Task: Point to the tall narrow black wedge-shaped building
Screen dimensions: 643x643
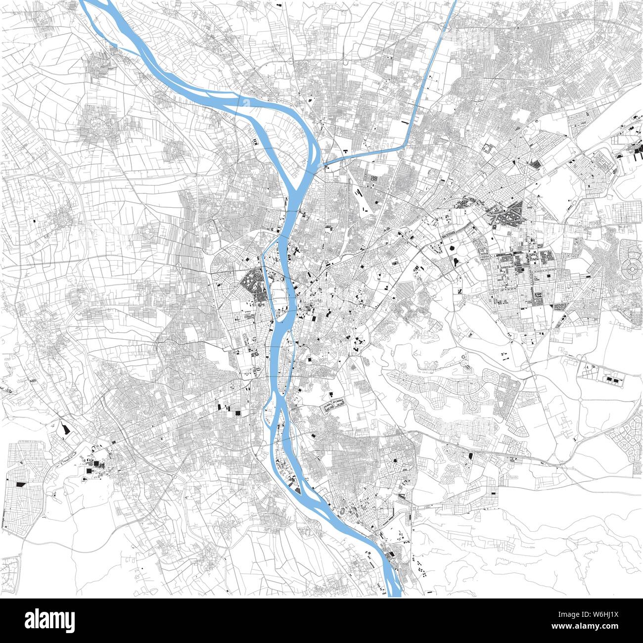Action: coord(64,427)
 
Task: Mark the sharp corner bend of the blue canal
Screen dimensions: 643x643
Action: coord(405,146)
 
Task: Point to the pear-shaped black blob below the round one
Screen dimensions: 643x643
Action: coord(455,260)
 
